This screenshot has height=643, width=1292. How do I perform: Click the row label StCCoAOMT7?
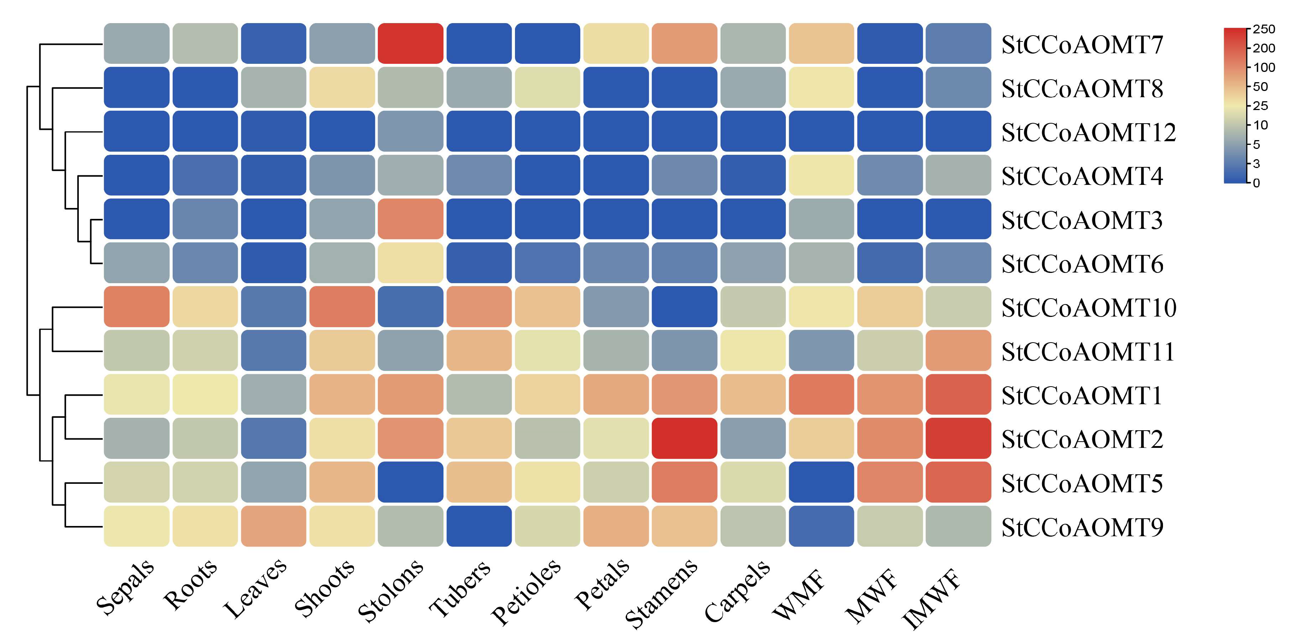tap(1082, 45)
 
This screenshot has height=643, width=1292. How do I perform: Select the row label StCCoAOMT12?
tap(1088, 132)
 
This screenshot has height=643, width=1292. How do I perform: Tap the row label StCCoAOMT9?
tap(1082, 527)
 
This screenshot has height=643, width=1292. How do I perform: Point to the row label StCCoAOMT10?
tap(1088, 308)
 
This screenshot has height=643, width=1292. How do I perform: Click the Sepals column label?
tap(125, 587)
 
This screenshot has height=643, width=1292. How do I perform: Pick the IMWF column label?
tap(931, 598)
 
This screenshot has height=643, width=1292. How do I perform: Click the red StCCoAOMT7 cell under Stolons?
tap(410, 44)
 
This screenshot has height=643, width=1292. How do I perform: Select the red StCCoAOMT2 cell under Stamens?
tap(684, 438)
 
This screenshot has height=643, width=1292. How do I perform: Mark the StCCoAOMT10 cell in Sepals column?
tap(136, 307)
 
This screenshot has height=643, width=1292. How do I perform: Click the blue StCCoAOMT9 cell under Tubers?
tap(479, 526)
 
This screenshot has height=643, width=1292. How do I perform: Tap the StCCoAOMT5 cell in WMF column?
tap(821, 482)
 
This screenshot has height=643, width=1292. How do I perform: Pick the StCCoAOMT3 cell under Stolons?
tap(410, 219)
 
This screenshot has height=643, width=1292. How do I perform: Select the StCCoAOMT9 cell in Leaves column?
tap(273, 526)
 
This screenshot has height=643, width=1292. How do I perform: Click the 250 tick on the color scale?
tap(1263, 29)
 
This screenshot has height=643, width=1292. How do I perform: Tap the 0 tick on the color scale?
tap(1256, 183)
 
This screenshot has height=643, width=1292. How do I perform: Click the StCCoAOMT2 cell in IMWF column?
tap(958, 438)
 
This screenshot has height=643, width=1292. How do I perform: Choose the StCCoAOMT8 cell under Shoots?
tap(342, 87)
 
